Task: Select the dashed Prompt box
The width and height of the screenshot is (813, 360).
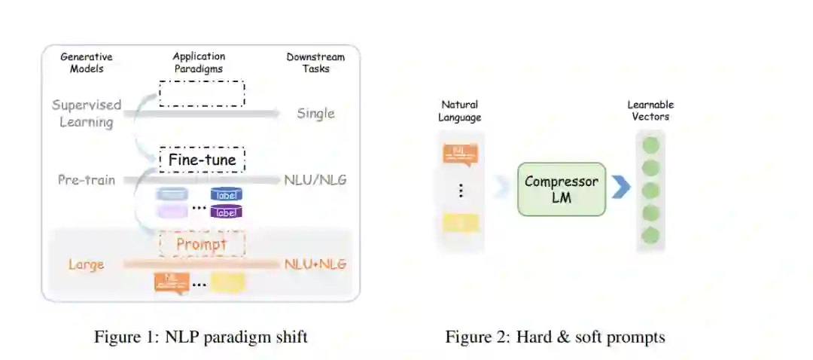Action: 202,244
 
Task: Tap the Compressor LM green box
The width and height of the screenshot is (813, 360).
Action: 561,189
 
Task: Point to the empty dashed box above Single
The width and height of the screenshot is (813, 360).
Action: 202,93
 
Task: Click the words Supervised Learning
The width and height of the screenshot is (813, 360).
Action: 87,114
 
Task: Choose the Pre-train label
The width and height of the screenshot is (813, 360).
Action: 87,181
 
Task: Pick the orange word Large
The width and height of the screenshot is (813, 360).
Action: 86,264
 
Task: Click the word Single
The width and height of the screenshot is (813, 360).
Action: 315,114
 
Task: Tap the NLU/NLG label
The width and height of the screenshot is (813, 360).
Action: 315,181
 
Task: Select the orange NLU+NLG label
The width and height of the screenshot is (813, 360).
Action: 315,264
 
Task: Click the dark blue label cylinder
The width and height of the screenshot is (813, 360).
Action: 226,195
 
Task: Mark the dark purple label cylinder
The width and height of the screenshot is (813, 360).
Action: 226,212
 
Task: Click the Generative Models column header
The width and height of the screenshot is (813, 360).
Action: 86,63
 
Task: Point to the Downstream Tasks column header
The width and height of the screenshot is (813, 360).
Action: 315,63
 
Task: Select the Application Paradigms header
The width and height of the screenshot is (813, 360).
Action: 199,63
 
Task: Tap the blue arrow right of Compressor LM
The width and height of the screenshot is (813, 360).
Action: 620,188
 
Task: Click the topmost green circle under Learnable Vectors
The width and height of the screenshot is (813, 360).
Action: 650,145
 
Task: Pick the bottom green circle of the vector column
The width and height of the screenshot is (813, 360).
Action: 650,236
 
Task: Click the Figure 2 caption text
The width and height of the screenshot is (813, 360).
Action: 555,337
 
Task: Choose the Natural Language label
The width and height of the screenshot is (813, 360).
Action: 460,111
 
